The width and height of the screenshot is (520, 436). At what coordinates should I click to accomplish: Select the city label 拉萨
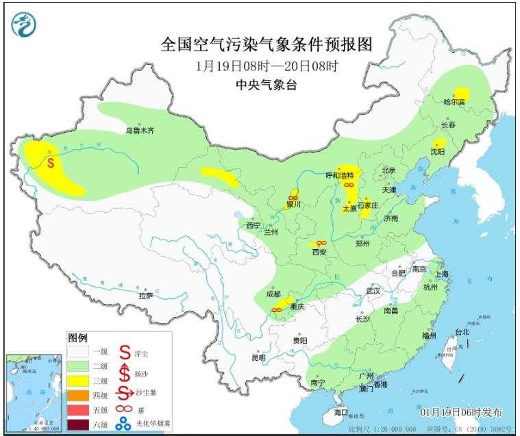point(145,296)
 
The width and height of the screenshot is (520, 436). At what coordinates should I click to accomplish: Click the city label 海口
point(341,413)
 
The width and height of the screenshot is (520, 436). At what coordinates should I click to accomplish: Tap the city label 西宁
point(253,225)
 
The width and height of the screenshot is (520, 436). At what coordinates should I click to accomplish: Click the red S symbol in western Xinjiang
point(51,163)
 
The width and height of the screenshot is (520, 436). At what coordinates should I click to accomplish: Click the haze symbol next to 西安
point(321,243)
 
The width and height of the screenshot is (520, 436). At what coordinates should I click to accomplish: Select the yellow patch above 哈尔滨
point(463,93)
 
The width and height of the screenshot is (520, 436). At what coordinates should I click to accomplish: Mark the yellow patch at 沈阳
point(438,144)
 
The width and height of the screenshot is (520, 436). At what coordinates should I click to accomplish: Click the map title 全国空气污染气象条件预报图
point(267,45)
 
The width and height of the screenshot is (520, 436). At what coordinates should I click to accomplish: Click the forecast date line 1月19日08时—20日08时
point(267,66)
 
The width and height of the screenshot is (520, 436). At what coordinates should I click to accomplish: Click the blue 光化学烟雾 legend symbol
point(124,424)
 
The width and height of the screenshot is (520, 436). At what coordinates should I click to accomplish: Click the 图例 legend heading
point(77,338)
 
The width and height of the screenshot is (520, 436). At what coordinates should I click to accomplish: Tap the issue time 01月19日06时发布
point(460,412)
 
